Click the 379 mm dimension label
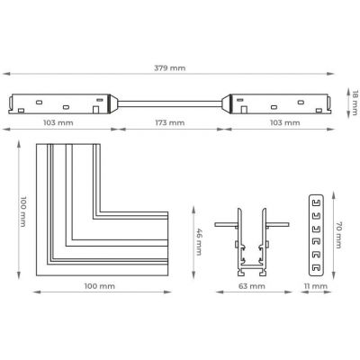pos(170,68)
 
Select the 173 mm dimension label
pos(170,122)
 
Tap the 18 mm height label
pos(355,103)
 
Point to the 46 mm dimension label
pos(199,242)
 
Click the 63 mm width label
pos(252,286)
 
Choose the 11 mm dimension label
pos(315,286)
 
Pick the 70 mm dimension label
pos(338,235)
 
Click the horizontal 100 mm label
pos(100,286)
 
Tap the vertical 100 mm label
pos(23,211)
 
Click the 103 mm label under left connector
pos(58,122)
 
